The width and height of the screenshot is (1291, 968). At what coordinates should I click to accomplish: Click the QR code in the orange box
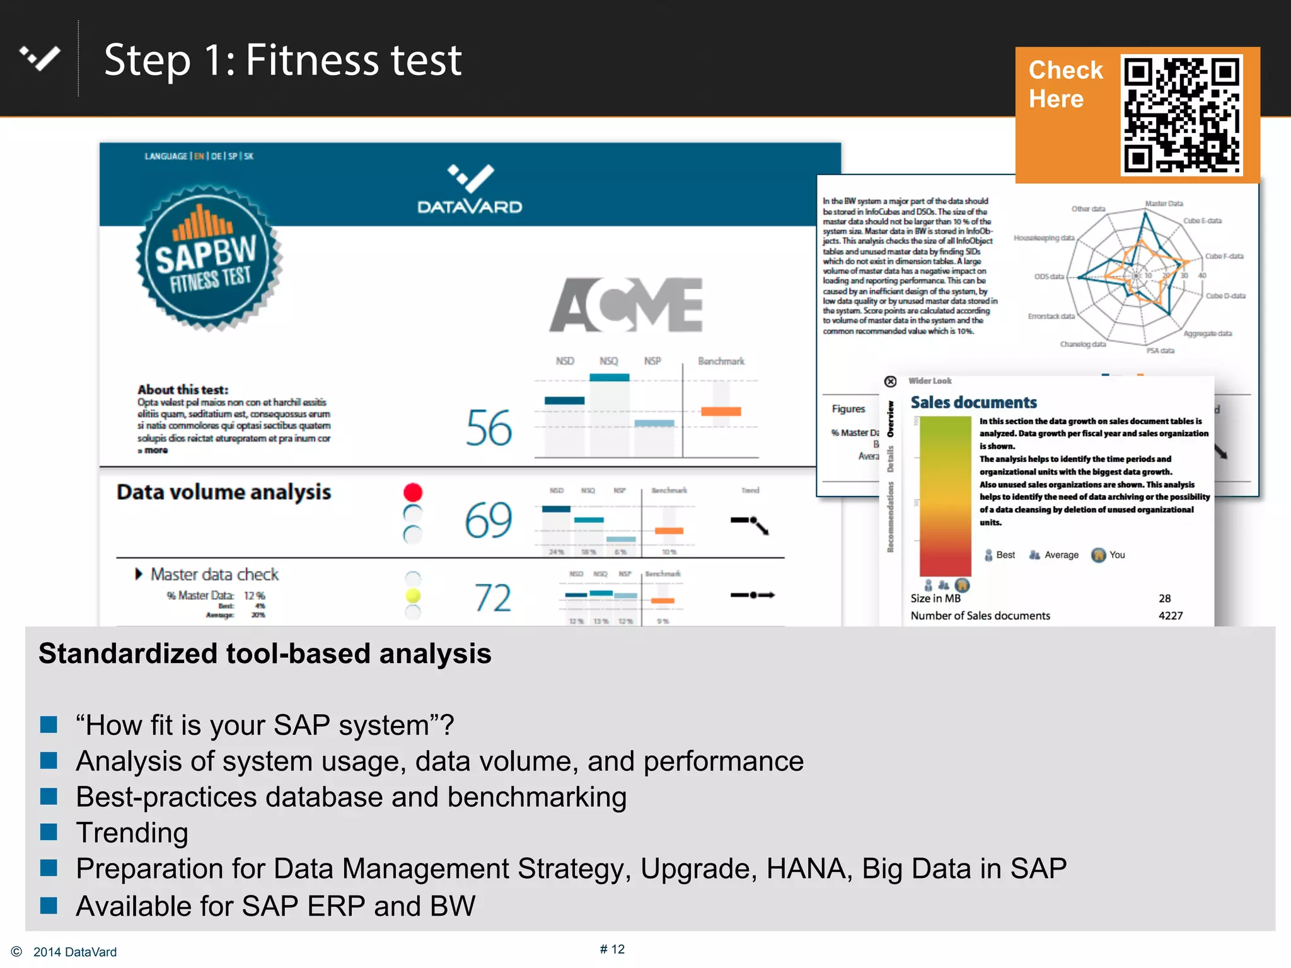coord(1181,115)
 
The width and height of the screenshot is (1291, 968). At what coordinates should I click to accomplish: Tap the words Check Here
coord(1065,84)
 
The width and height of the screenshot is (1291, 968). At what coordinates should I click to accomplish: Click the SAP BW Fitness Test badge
coord(209,258)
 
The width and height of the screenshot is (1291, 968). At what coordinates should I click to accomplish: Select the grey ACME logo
coord(626,305)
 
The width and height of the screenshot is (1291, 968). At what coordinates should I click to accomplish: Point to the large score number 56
coord(489,429)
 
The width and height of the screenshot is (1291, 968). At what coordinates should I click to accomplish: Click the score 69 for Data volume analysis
coord(489,521)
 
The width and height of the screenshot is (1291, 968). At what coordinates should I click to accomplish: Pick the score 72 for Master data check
coord(492,598)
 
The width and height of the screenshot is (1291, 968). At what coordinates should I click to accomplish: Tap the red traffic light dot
coord(413,492)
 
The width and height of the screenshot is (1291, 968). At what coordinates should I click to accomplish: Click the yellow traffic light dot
coord(413,596)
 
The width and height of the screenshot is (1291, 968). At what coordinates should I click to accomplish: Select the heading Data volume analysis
coord(224,492)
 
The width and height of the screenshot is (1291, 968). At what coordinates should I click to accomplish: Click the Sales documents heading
coord(973,403)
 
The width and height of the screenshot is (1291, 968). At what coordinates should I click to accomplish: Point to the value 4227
coord(1171,616)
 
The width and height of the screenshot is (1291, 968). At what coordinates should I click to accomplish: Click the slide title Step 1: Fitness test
coord(283,60)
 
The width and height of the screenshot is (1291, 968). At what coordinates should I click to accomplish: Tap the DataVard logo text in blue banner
coord(470,207)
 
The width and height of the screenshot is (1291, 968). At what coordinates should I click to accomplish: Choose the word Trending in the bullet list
coord(132,833)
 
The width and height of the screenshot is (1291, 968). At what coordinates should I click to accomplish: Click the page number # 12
coord(612,949)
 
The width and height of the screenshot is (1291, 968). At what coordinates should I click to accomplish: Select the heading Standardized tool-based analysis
coord(265,654)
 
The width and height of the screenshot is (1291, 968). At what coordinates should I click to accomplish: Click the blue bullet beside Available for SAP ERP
coord(49,906)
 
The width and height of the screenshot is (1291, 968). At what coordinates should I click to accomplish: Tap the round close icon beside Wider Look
coord(890,381)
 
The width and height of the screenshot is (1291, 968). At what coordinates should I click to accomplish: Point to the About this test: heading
coord(183,389)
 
